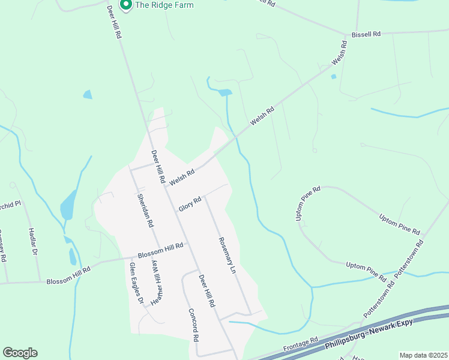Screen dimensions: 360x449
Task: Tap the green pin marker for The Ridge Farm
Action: [126, 5]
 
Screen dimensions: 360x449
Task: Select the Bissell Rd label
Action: [367, 34]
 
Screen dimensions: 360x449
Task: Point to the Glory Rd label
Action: [189, 204]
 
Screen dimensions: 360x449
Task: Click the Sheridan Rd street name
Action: [145, 210]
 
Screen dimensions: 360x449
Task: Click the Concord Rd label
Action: [193, 325]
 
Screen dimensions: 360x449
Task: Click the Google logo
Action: [20, 353]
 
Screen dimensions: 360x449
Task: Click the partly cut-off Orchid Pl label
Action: [10, 204]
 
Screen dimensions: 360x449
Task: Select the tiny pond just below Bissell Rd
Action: [333, 77]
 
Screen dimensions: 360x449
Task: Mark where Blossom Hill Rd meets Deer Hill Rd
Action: [188, 243]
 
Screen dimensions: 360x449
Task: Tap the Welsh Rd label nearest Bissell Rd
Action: [339, 53]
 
